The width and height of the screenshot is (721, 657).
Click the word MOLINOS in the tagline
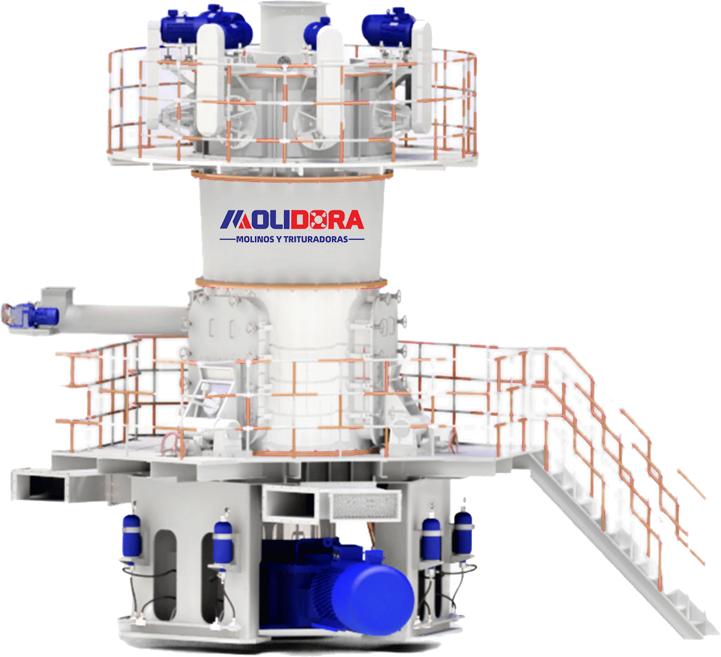(x=254, y=239)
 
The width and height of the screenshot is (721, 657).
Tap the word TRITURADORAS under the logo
(x=316, y=239)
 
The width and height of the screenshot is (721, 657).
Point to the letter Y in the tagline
(x=279, y=239)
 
